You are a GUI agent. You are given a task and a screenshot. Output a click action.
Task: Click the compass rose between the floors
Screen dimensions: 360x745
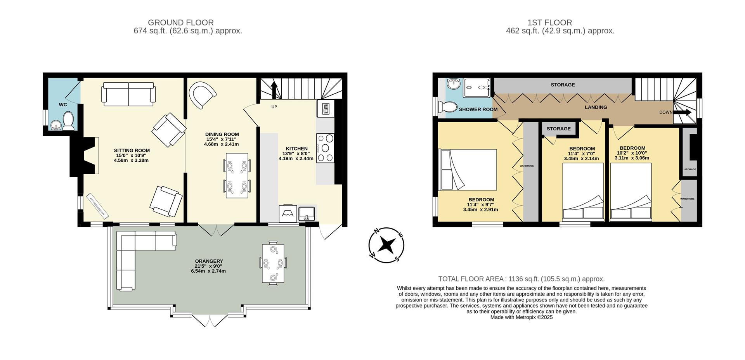386,245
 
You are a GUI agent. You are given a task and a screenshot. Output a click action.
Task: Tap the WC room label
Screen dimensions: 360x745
63,105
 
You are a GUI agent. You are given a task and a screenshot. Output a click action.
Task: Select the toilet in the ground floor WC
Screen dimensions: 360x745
69,121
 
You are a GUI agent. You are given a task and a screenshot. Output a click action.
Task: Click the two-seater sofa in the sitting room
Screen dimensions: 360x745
128,93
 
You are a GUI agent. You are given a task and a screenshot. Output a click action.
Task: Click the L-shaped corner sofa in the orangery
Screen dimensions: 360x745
136,252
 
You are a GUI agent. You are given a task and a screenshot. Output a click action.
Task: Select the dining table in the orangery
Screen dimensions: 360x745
273,263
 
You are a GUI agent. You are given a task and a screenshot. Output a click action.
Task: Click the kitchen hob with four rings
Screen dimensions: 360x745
325,148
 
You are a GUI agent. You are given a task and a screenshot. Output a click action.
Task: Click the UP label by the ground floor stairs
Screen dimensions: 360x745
274,107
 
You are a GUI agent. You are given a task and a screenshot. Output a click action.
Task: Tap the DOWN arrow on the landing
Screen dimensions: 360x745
683,112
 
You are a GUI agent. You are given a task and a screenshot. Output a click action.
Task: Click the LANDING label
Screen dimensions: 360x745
596,107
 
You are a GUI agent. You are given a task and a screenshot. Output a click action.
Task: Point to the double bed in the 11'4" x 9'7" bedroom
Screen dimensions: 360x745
468,170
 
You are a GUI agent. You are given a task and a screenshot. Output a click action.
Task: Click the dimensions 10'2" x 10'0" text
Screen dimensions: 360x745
632,153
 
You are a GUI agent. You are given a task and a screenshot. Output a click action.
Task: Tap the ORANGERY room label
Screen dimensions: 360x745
209,261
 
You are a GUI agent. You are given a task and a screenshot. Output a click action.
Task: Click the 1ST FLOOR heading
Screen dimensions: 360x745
560,22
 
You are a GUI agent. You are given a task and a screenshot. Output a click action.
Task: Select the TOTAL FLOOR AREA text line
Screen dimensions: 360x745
521,279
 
